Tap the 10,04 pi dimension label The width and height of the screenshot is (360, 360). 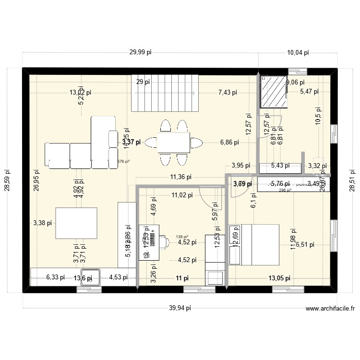298,52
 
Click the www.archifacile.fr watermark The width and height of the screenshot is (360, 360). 329,309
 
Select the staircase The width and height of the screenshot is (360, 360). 164,93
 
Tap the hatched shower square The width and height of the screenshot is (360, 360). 273,91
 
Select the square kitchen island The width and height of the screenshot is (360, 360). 76,223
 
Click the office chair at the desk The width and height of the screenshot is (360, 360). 163,241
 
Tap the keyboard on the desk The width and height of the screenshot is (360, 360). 152,239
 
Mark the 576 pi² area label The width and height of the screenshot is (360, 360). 123,161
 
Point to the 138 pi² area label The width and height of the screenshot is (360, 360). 182,237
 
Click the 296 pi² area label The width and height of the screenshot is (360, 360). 285,190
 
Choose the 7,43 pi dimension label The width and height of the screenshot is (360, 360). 228,93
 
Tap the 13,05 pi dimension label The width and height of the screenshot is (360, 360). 279,278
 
